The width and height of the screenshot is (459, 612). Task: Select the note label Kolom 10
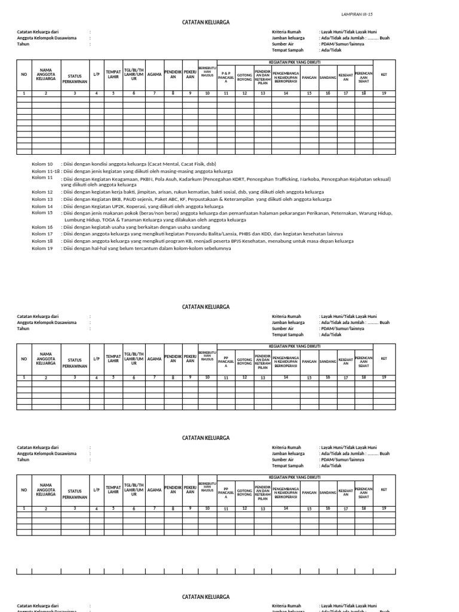coord(42,164)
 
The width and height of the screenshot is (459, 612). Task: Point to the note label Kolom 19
coord(42,248)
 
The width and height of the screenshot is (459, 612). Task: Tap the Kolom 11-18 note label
coord(45,172)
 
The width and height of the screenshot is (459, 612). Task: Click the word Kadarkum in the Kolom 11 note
coord(189,179)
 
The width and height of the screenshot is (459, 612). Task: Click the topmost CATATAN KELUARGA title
coord(206,22)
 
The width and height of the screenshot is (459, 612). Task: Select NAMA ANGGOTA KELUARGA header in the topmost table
coord(45,74)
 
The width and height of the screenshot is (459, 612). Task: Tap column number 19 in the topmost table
coord(384,93)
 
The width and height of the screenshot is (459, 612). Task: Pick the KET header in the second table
coord(384,359)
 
